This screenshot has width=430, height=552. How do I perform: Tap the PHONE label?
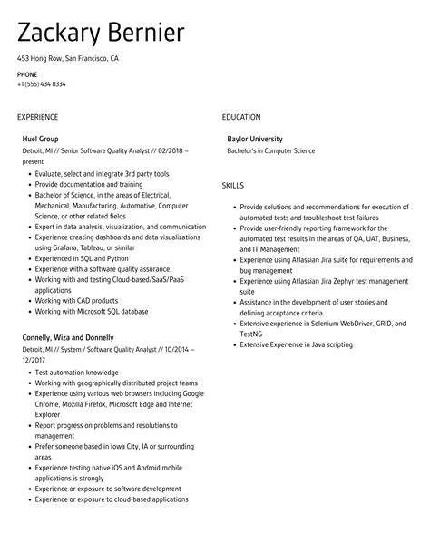tap(26, 73)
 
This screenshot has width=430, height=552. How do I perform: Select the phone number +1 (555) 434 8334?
tap(41, 84)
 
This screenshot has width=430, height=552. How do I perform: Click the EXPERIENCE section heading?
tap(37, 117)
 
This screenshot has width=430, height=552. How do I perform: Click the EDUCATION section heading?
tap(241, 117)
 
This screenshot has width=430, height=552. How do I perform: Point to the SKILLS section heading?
tap(233, 185)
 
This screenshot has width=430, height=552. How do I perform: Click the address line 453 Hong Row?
tap(67, 58)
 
